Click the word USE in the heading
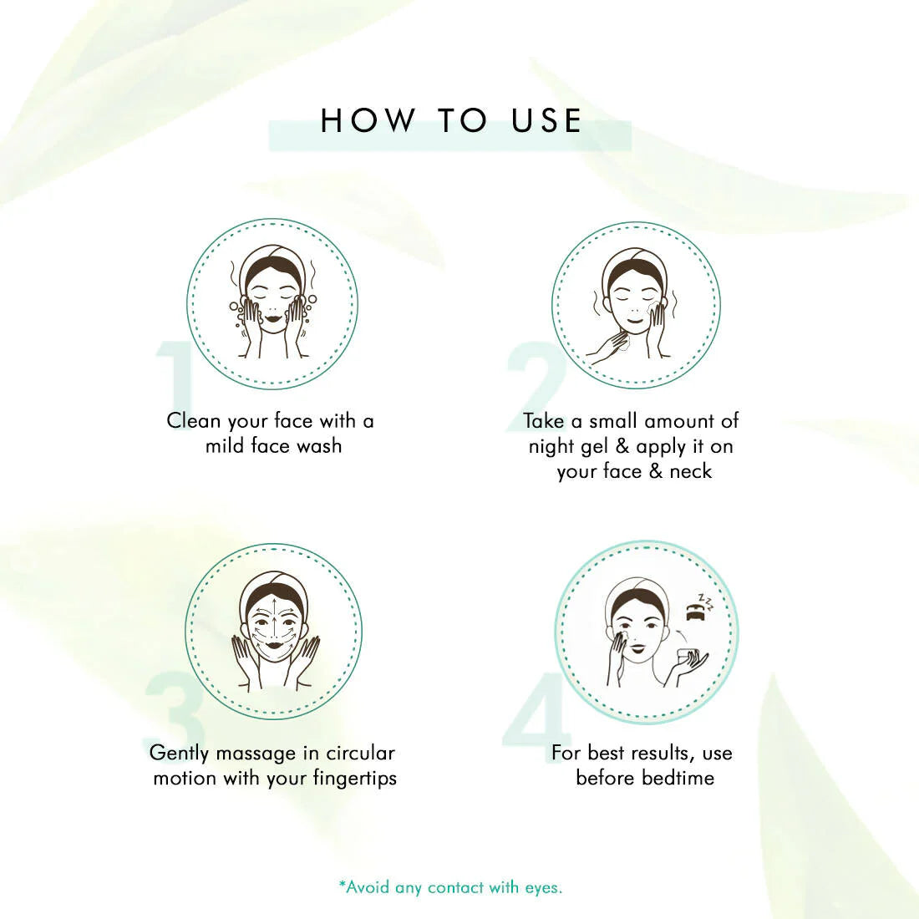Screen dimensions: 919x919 pyautogui.click(x=546, y=120)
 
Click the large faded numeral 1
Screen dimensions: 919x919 pyautogui.click(x=175, y=375)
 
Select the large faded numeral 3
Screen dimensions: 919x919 pyautogui.click(x=174, y=710)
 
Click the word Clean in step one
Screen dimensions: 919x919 pyautogui.click(x=194, y=421)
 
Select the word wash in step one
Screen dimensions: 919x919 pyautogui.click(x=319, y=446)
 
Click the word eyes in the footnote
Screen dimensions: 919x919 pyautogui.click(x=542, y=889)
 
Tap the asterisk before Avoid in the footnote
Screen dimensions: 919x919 pyautogui.click(x=342, y=884)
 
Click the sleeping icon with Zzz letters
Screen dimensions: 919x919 pyautogui.click(x=700, y=607)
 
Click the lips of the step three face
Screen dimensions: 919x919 pyautogui.click(x=272, y=644)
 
